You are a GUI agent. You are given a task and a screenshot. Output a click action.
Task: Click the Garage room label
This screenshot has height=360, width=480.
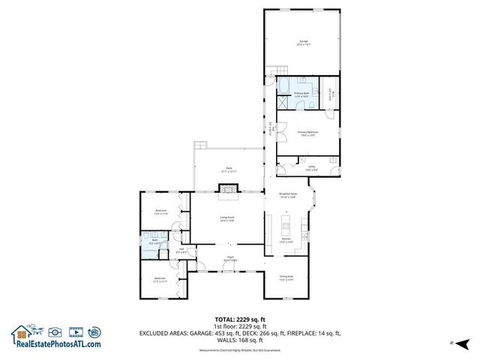[303, 43]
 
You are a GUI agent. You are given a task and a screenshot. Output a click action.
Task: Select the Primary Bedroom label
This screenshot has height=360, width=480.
[307, 133]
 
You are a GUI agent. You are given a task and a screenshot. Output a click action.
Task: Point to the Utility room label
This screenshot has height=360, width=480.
[310, 168]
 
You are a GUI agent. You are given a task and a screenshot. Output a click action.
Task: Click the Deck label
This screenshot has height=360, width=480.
[229, 169]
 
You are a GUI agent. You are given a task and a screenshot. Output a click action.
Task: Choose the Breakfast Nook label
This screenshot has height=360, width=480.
[289, 196]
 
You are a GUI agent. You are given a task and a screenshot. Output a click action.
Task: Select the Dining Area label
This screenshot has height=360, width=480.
[286, 277]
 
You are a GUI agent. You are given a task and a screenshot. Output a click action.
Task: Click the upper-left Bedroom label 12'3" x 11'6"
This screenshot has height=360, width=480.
[160, 212]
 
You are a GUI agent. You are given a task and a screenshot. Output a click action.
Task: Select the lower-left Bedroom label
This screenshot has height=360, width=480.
[160, 280]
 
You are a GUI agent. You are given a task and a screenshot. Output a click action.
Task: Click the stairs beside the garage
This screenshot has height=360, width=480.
[270, 73]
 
